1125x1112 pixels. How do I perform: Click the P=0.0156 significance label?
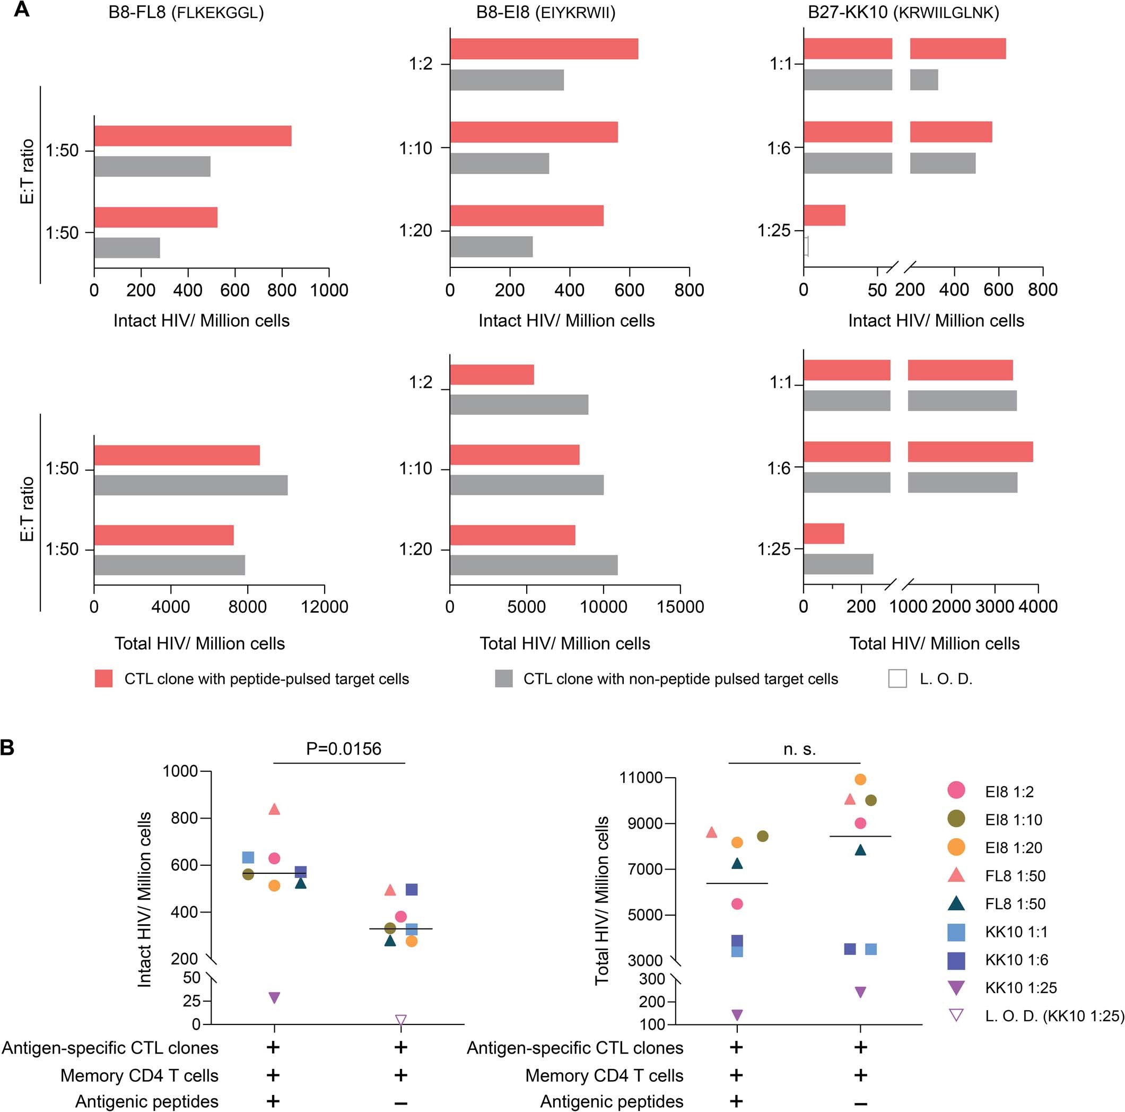pyautogui.click(x=344, y=749)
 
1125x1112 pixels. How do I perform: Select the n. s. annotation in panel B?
pyautogui.click(x=799, y=750)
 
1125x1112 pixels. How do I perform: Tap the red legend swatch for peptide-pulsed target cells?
pyautogui.click(x=103, y=679)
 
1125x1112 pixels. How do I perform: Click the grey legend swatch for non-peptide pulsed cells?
pyautogui.click(x=504, y=679)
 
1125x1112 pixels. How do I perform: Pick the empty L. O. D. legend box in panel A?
pyautogui.click(x=897, y=679)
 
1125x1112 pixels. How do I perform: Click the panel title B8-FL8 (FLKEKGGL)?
pyautogui.click(x=186, y=13)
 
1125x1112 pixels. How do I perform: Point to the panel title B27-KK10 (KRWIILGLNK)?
pyautogui.click(x=903, y=13)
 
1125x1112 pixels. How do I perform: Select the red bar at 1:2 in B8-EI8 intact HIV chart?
pyautogui.click(x=544, y=49)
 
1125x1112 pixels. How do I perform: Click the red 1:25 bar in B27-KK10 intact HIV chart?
pyautogui.click(x=824, y=215)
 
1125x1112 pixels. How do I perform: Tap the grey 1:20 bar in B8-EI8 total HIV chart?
pyautogui.click(x=534, y=565)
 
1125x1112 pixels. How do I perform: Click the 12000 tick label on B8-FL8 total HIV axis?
pyautogui.click(x=324, y=607)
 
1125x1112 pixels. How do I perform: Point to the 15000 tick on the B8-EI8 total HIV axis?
pyautogui.click(x=680, y=607)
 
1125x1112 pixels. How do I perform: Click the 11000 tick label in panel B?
pyautogui.click(x=642, y=778)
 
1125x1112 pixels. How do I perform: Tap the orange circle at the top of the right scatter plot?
pyautogui.click(x=860, y=779)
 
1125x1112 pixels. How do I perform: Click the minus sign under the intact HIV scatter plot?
pyautogui.click(x=400, y=1102)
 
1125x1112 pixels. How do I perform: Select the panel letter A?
pyautogui.click(x=21, y=11)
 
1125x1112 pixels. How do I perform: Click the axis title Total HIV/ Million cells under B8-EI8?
pyautogui.click(x=564, y=644)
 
